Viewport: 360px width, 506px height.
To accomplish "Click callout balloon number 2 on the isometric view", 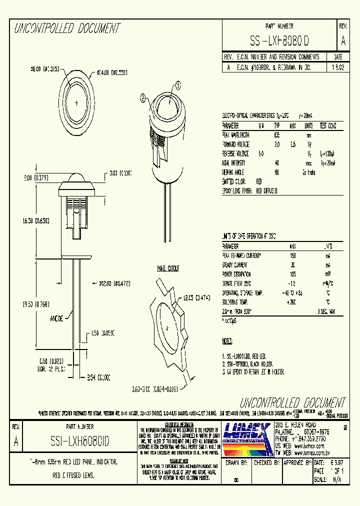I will (143, 99).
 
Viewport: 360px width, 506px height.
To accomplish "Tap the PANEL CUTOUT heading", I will (168, 268).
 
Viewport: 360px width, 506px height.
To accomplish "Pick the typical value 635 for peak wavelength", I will (276, 135).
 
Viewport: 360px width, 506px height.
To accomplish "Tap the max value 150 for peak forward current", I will (292, 255).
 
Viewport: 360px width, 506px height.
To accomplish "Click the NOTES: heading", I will (227, 341).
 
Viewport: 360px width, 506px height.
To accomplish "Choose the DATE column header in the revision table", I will (337, 57).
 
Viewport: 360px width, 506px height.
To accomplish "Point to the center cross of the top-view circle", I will (76, 102).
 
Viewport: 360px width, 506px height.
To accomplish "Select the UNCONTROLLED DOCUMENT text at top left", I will (67, 28).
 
